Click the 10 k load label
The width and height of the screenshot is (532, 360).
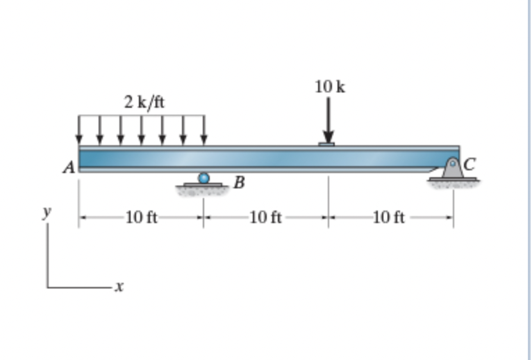(x=329, y=87)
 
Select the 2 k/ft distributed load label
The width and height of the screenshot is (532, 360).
(x=144, y=102)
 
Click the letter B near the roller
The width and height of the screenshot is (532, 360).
(x=239, y=183)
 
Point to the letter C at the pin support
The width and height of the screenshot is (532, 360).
(x=470, y=165)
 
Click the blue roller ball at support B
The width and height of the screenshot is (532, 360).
(x=203, y=178)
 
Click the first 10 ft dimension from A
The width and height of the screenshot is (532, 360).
(x=141, y=218)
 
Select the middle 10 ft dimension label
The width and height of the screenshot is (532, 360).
(x=265, y=218)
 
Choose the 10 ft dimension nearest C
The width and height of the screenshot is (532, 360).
(x=389, y=218)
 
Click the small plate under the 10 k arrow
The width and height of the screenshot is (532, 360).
(x=326, y=144)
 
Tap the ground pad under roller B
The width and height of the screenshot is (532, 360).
(x=203, y=187)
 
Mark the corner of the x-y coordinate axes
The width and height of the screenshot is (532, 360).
(x=48, y=285)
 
